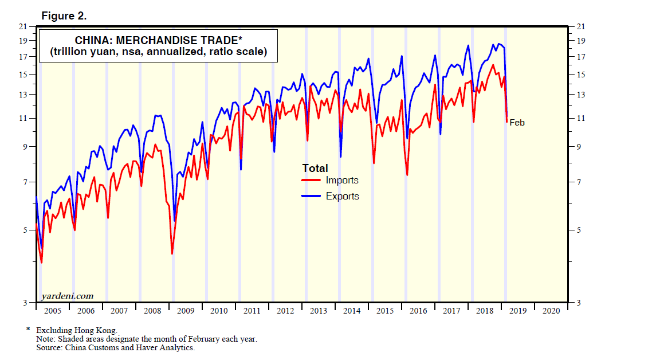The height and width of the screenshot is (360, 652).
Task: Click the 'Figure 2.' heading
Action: pyautogui.click(x=64, y=16)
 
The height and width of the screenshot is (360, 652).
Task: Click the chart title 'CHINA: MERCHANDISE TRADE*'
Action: pyautogui.click(x=158, y=40)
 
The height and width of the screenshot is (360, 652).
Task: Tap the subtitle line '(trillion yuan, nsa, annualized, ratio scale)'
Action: pyautogui.click(x=158, y=52)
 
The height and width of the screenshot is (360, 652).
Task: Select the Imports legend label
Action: pyautogui.click(x=342, y=180)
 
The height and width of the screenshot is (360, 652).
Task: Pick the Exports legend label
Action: pyautogui.click(x=343, y=196)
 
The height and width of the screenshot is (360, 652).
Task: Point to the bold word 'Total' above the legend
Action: pyautogui.click(x=315, y=168)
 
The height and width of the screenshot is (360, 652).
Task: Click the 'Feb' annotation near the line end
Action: pyautogui.click(x=517, y=122)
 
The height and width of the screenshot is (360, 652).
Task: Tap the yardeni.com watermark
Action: pyautogui.click(x=67, y=296)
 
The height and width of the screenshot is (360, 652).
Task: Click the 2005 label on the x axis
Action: pyautogui.click(x=52, y=311)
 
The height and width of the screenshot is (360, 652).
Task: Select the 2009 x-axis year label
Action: pyautogui.click(x=185, y=311)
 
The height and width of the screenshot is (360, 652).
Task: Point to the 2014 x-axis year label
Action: pyautogui.click(x=352, y=311)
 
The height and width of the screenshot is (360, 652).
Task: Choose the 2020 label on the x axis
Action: pyautogui.click(x=551, y=311)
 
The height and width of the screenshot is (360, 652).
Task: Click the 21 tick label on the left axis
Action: pyautogui.click(x=23, y=26)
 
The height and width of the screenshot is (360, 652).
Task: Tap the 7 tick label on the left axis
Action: pyautogui.click(x=25, y=182)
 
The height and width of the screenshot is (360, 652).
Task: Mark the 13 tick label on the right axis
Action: pyautogui.click(x=580, y=94)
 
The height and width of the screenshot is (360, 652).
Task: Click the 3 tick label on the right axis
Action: pyautogui.click(x=578, y=303)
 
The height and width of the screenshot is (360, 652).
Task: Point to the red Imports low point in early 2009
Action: pyautogui.click(x=172, y=253)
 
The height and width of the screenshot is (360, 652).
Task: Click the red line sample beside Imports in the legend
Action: pyautogui.click(x=311, y=180)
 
